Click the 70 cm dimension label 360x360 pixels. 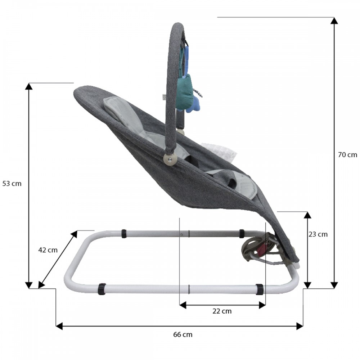point(347,155)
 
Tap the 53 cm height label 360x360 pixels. point(12,184)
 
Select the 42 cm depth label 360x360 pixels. point(48,250)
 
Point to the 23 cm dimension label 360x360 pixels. point(318,234)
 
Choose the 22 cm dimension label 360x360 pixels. point(222,311)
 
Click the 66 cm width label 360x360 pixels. point(183,334)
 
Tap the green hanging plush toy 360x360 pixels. point(185,92)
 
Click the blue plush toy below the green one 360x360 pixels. point(194,103)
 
